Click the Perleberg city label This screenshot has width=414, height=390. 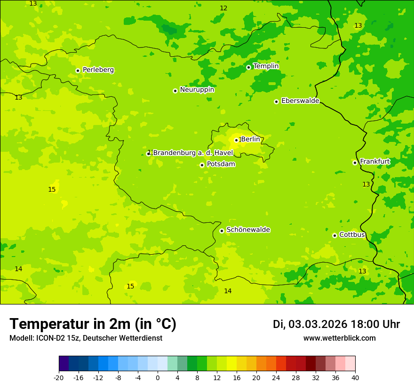coord(98,70)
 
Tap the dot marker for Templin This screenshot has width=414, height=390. coord(248,67)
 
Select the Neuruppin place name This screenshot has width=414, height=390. coord(197,90)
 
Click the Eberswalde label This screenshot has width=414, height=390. coord(300,101)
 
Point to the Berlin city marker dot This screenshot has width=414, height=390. coord(236,140)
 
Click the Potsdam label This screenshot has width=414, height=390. coord(221,164)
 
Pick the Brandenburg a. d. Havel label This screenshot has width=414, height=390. coord(193,153)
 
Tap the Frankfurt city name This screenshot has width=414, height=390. coord(374,162)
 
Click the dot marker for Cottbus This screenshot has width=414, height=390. coord(334,235)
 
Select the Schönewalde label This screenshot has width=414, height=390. coord(248,230)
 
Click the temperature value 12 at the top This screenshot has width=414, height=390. coord(223,8)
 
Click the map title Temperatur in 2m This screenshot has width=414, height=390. coord(93,324)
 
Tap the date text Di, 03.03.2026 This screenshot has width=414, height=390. coord(310,324)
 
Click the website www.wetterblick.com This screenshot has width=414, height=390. coord(339,338)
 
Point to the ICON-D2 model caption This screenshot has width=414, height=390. coord(86,338)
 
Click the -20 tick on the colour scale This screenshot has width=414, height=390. coord(59,377)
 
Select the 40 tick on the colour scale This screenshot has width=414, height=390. coord(355,377)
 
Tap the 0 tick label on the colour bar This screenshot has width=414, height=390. coord(158,377)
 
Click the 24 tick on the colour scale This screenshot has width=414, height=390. coord(276,377)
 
